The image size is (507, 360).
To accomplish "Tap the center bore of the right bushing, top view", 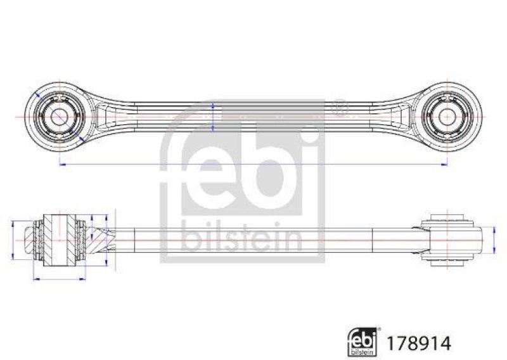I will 447,117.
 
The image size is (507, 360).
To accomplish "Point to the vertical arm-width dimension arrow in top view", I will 213,117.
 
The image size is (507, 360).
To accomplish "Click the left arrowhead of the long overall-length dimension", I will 61,164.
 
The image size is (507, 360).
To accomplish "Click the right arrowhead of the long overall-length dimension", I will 444,164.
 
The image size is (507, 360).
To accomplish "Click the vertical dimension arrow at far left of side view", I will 13,241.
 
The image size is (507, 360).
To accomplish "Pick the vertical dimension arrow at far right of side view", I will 494,241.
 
